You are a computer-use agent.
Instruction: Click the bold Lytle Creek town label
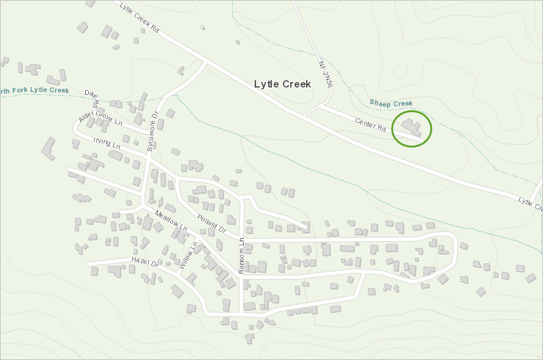click(x=282, y=84)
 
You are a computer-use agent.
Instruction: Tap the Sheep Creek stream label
click(x=392, y=103)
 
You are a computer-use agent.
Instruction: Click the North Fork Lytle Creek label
click(x=34, y=91)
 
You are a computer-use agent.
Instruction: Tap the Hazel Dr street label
click(x=144, y=264)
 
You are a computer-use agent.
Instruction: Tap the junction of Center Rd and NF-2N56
click(x=321, y=107)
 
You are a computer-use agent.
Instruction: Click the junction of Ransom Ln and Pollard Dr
click(x=242, y=238)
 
